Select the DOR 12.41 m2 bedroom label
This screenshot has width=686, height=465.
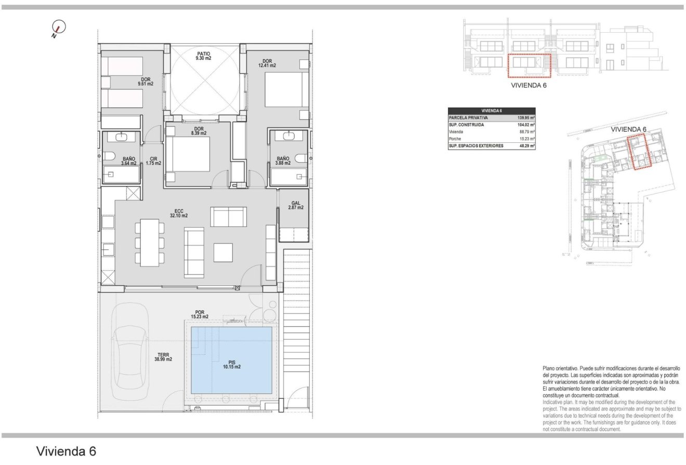pos(267,62)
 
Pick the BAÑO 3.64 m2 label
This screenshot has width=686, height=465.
pos(129,161)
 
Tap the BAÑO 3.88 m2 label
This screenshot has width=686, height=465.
pos(283,161)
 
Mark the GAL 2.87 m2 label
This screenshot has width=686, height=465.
pos(296,205)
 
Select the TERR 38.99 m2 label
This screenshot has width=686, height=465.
pos(163,356)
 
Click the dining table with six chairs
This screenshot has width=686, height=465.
pos(149,242)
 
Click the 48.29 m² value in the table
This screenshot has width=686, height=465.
pos(525,147)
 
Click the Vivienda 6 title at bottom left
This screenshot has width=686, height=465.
pos(66,450)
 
